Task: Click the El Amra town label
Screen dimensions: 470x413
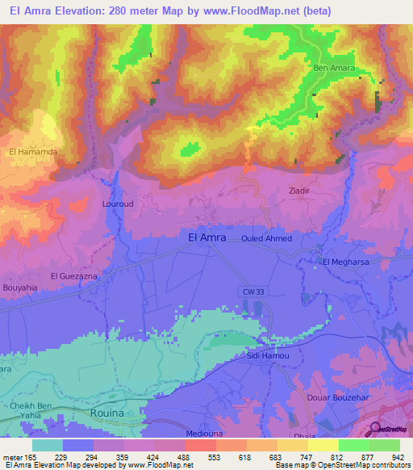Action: pos(206,237)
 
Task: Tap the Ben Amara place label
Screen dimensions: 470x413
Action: pos(334,69)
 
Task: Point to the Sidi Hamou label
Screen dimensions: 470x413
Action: pos(262,355)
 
